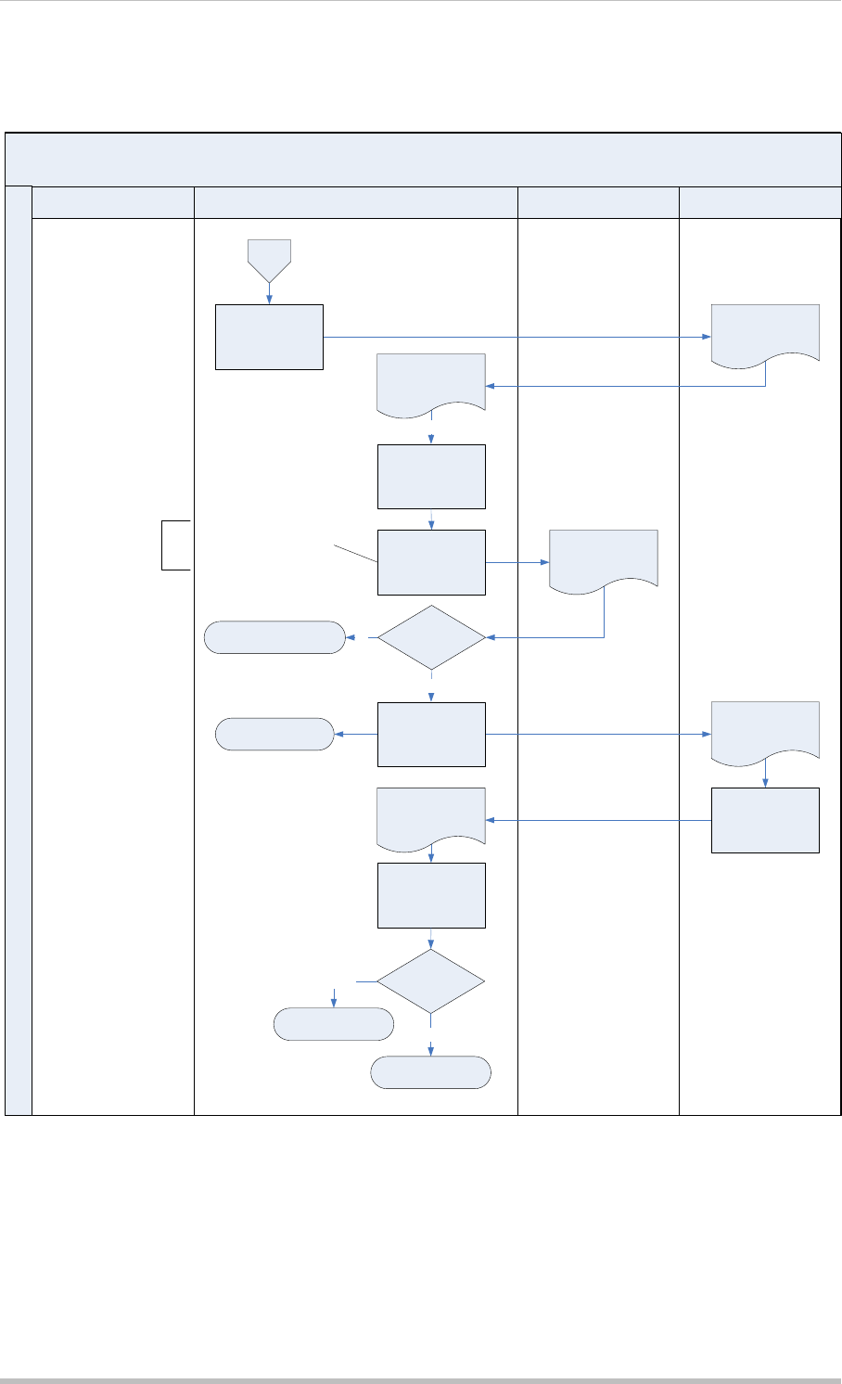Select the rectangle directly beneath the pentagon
click(x=269, y=337)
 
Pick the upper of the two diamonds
click(x=431, y=637)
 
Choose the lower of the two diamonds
click(x=431, y=980)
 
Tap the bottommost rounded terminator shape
click(x=430, y=1071)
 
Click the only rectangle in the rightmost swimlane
click(x=765, y=820)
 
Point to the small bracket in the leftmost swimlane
click(x=175, y=545)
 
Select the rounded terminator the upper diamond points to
click(x=274, y=637)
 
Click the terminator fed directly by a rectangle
click(x=274, y=734)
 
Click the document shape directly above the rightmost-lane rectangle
click(x=765, y=731)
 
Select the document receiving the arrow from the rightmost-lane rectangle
click(x=431, y=816)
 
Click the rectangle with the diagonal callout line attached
click(x=431, y=562)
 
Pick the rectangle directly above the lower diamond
click(x=431, y=895)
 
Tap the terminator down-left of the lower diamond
click(x=334, y=1023)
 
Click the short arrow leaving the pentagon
click(x=269, y=293)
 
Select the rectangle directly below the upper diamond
click(x=431, y=734)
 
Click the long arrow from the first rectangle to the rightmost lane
click(x=516, y=337)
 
